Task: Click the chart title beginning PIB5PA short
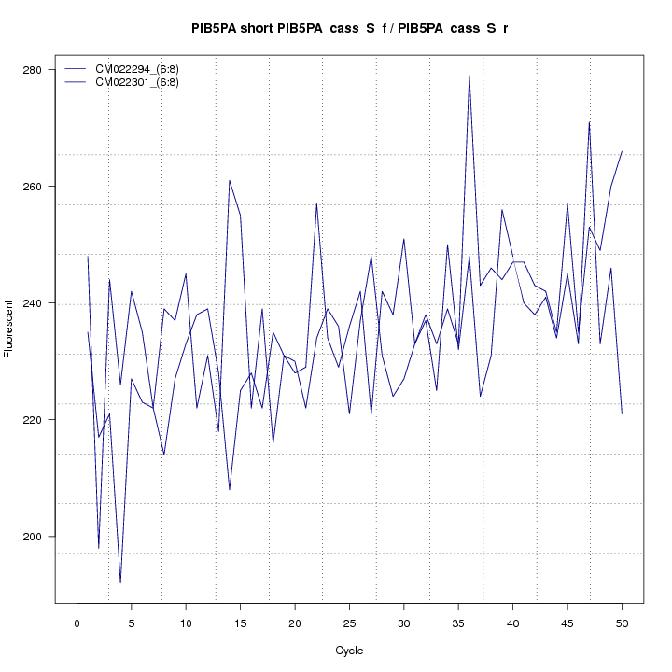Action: point(349,29)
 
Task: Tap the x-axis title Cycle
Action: point(349,651)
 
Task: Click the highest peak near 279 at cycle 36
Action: point(469,76)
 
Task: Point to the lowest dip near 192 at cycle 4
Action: point(120,582)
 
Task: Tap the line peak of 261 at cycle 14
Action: point(230,181)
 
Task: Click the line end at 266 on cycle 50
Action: point(622,151)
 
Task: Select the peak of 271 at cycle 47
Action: point(589,122)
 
